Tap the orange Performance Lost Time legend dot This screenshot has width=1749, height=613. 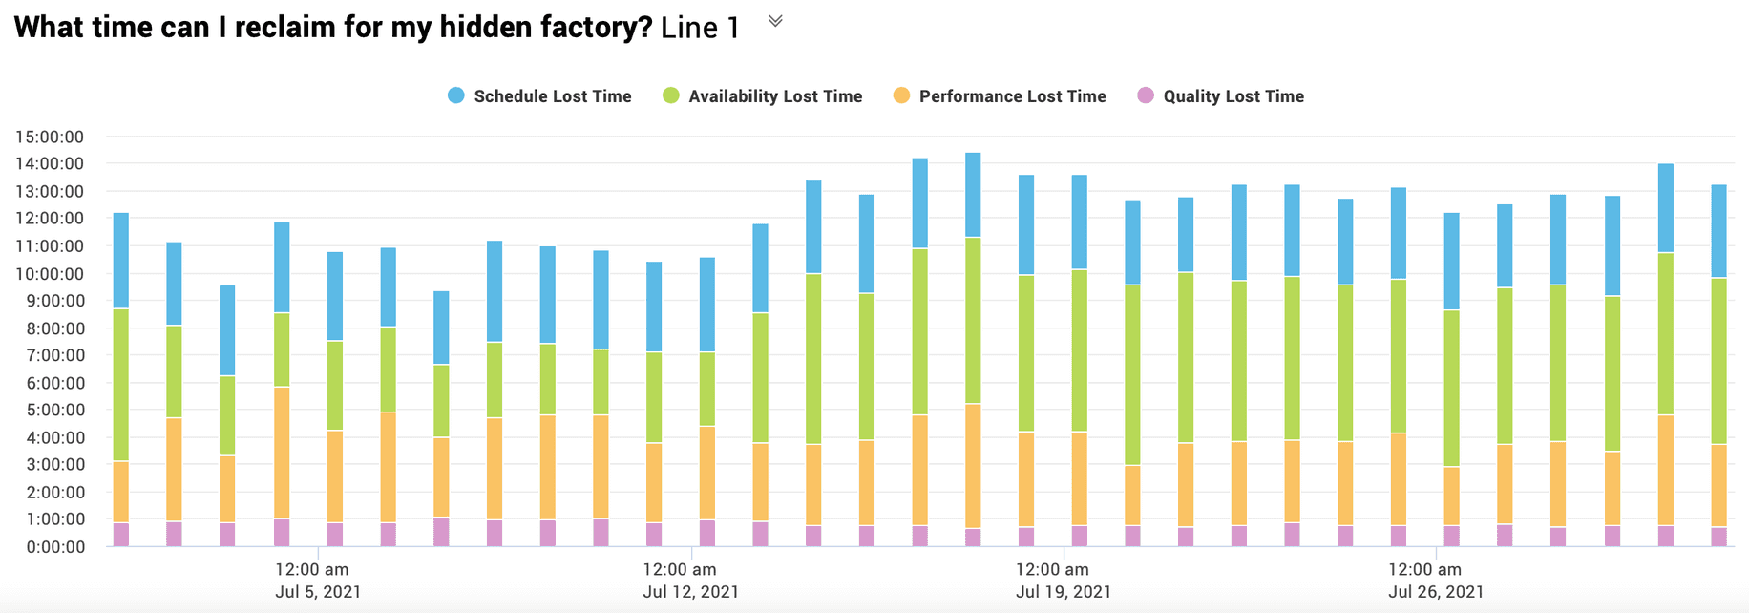[901, 95]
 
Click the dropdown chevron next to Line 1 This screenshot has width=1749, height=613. [775, 21]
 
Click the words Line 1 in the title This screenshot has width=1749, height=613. [700, 28]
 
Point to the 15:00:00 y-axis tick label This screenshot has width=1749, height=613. [50, 137]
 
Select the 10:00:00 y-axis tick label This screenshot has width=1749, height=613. [50, 273]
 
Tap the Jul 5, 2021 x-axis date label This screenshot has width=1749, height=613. [318, 592]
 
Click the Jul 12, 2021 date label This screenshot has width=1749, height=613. [690, 592]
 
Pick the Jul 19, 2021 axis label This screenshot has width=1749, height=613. [1064, 592]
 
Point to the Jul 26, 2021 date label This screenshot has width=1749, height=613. [1436, 592]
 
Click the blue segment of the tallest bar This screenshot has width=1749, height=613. [973, 195]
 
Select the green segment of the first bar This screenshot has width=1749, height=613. [121, 385]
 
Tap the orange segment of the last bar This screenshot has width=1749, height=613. [1718, 485]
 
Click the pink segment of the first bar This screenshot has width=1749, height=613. [121, 535]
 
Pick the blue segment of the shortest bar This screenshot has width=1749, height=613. [441, 328]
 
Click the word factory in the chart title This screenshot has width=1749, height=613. [584, 28]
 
